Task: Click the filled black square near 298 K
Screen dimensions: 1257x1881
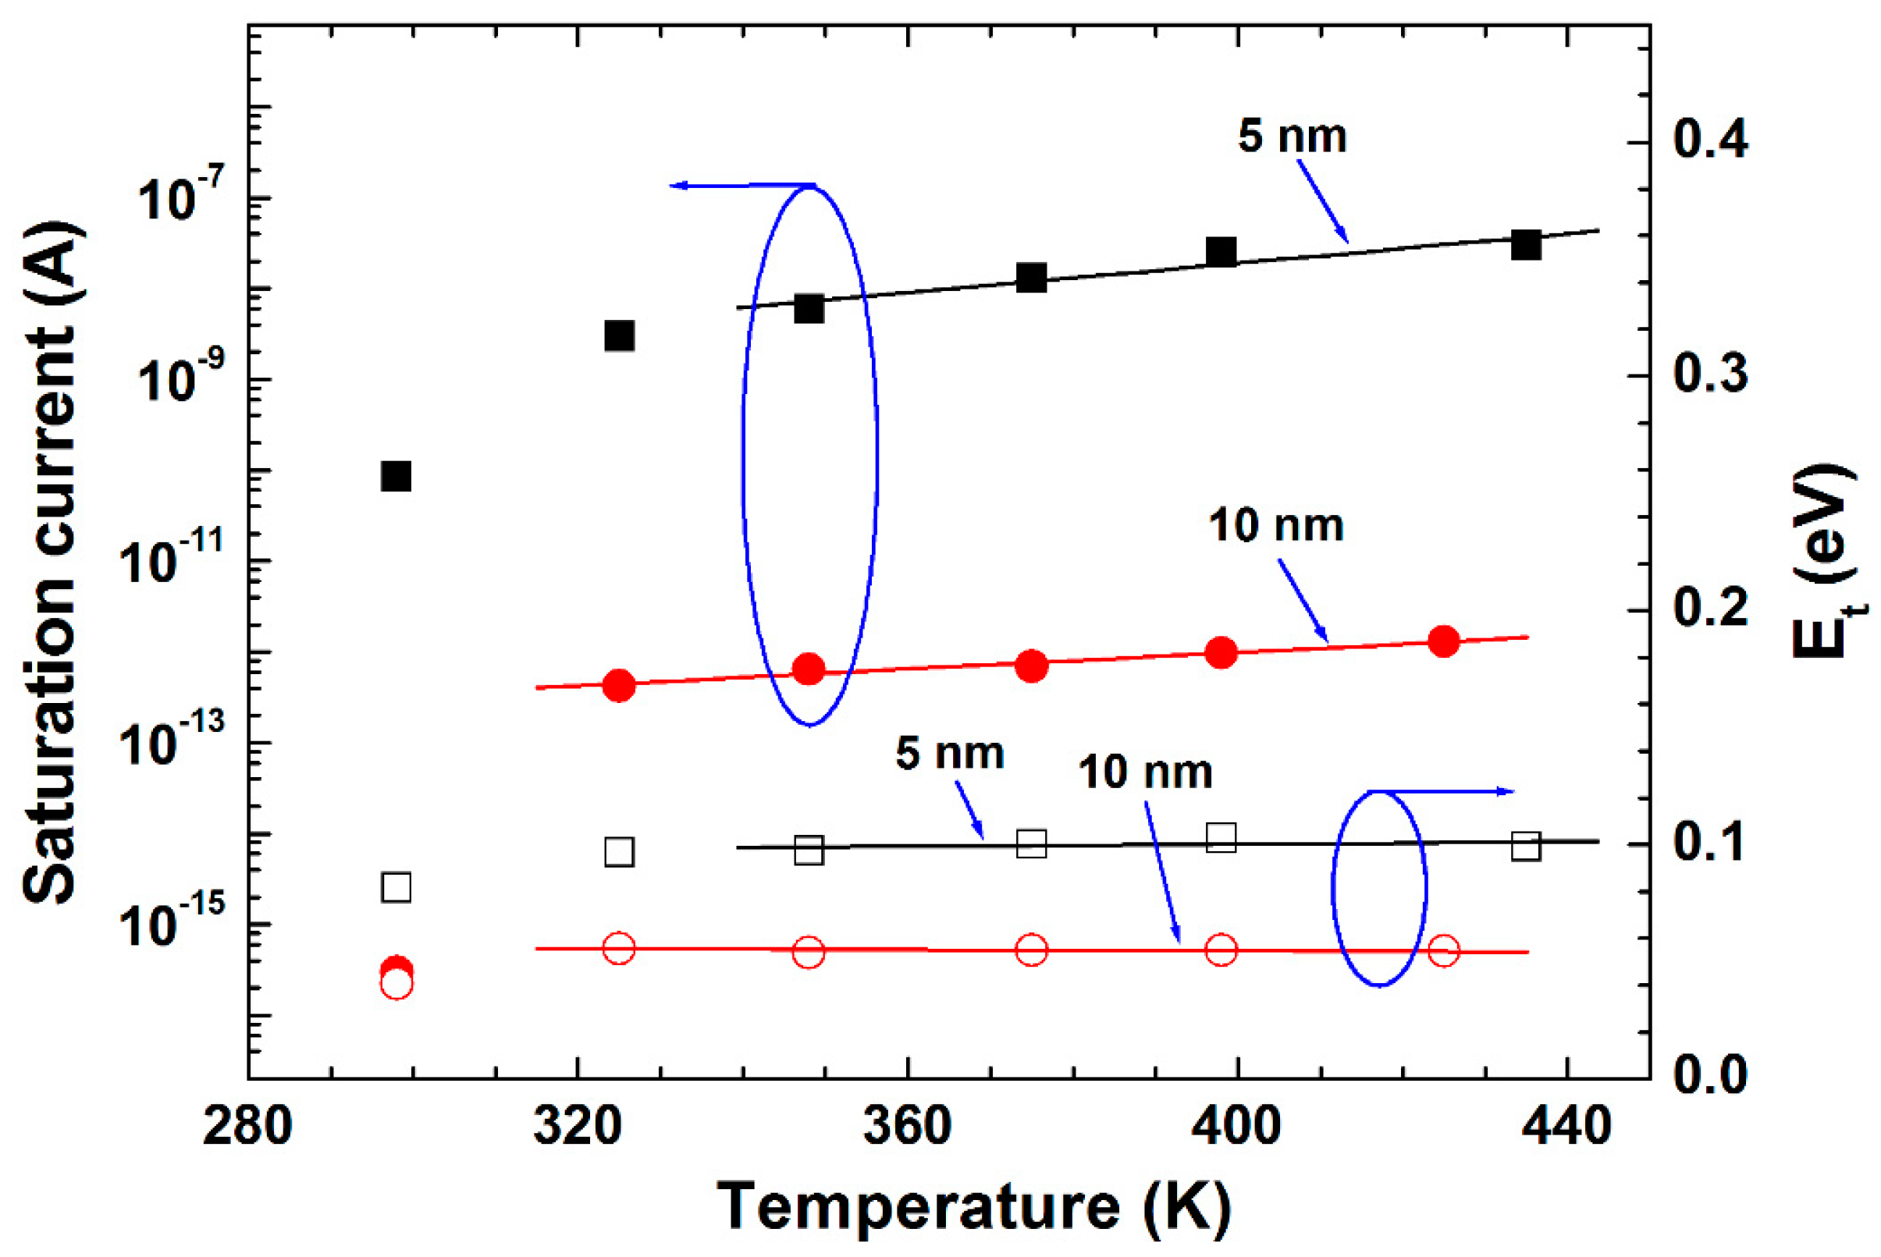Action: coord(396,475)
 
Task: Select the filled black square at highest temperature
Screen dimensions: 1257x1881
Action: coord(1526,244)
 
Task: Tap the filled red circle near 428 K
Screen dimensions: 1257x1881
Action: coord(1443,641)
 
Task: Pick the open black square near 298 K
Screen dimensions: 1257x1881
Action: coord(396,887)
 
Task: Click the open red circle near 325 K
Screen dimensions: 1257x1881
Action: coord(618,947)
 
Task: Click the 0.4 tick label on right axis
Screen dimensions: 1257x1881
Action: coord(1710,140)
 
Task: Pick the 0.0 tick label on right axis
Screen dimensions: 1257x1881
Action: coord(1710,1075)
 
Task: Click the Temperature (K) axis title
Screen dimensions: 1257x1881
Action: coord(973,1206)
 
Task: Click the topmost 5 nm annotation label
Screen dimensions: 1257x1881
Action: coord(1292,136)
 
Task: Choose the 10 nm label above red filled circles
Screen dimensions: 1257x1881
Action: coord(1275,525)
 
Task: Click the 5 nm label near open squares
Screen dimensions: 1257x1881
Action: coord(949,754)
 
